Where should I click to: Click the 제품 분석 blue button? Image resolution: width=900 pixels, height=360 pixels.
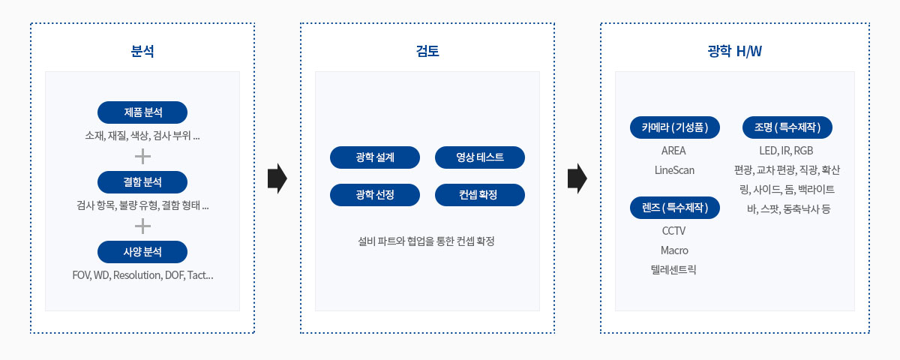click(x=142, y=112)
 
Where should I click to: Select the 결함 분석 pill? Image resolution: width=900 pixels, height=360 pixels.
click(x=142, y=182)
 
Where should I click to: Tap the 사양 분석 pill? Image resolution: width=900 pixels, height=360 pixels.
click(x=142, y=252)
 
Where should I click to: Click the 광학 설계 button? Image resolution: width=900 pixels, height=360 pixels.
click(x=375, y=157)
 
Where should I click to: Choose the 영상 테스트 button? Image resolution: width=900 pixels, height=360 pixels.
click(x=480, y=157)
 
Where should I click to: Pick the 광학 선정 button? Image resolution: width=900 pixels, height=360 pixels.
click(x=375, y=195)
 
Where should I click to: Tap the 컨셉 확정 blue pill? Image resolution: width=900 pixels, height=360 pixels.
click(x=480, y=195)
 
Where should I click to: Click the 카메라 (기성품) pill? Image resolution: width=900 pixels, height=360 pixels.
click(x=675, y=127)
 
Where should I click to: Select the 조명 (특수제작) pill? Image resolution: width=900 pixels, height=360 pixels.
click(x=787, y=127)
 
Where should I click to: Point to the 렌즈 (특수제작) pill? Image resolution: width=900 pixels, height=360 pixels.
click(x=675, y=208)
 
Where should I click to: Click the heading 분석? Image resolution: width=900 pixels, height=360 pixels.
click(x=142, y=51)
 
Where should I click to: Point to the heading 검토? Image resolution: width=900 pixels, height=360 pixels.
click(x=427, y=51)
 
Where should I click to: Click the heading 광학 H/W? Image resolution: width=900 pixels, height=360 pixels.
click(x=735, y=51)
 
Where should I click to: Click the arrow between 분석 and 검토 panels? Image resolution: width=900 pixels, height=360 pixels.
click(x=277, y=178)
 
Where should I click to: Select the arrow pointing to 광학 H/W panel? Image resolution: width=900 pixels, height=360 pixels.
click(x=577, y=178)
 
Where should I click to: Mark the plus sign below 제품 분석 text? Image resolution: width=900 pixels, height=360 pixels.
click(x=142, y=156)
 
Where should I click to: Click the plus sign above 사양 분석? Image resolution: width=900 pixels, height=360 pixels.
click(x=142, y=226)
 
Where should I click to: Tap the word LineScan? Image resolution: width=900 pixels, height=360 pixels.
click(x=674, y=170)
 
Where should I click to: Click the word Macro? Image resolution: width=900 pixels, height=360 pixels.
click(x=674, y=250)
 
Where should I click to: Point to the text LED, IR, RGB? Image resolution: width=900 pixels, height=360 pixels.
click(x=786, y=151)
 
